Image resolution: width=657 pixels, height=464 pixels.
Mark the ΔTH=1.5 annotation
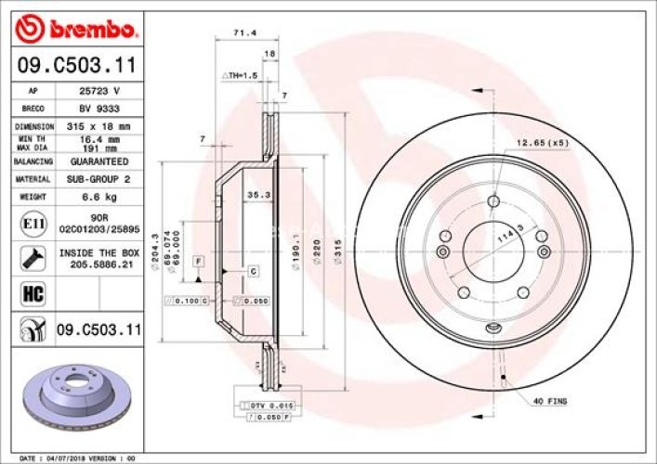point(238,74)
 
